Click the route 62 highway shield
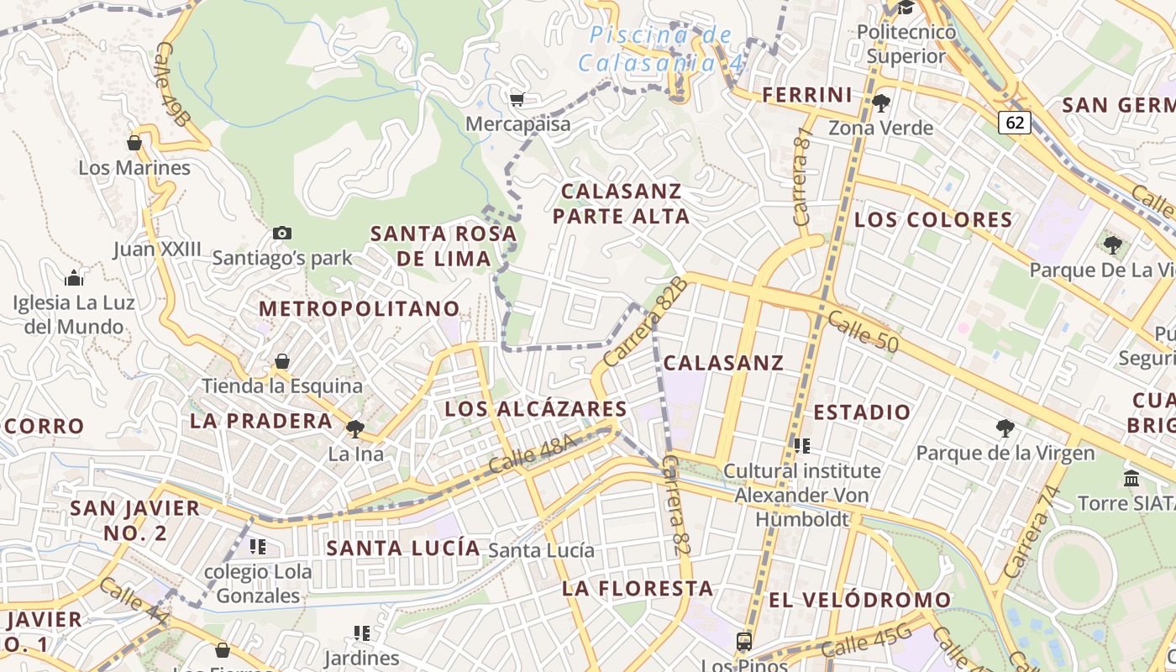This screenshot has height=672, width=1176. tap(1015, 123)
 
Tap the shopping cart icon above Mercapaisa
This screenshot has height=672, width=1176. tap(517, 100)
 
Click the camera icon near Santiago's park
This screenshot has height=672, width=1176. tap(282, 234)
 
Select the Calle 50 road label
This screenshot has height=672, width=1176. tap(863, 332)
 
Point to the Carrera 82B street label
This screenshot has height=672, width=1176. tap(645, 322)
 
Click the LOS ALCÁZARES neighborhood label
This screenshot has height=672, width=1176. tap(536, 409)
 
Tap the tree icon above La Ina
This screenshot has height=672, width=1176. tap(355, 429)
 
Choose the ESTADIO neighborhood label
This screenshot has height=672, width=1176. tap(862, 412)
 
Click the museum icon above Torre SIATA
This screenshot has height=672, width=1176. tap(1131, 478)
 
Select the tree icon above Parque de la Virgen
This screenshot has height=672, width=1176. tap(1005, 428)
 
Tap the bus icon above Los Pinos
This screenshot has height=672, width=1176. tap(744, 642)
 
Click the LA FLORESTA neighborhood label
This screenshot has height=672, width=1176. tap(638, 588)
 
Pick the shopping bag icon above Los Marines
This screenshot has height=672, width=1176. tap(134, 143)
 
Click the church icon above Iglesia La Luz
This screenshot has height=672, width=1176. tap(74, 277)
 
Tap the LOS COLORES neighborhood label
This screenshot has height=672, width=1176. tap(933, 220)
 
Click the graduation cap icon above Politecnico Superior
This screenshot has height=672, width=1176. tap(906, 8)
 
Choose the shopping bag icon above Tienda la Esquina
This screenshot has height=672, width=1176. tap(282, 361)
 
